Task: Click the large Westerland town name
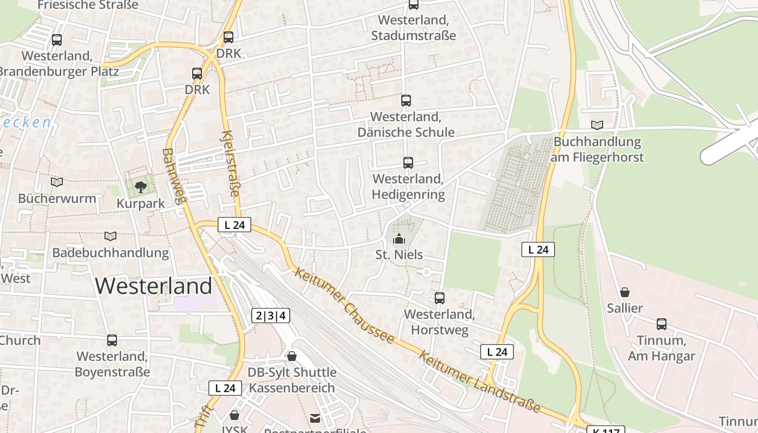coord(154,286)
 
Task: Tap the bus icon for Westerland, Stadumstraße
coord(414,5)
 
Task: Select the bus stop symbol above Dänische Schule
coord(406,101)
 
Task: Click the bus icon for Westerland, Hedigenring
coord(408,163)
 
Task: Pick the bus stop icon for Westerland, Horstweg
coord(440,298)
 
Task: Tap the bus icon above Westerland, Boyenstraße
coord(112,340)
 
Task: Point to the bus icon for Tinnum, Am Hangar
coord(662,324)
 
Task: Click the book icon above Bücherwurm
coord(57,182)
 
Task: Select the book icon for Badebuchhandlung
coord(110,237)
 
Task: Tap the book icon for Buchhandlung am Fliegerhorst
coord(597,126)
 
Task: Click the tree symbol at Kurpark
coord(141,187)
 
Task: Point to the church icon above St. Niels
coord(399,238)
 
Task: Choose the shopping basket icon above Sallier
coord(625,292)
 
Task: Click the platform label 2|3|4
coord(271,316)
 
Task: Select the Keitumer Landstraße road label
coord(480,382)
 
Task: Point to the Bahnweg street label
coord(174,176)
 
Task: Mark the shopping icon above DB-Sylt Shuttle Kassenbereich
coord(292,356)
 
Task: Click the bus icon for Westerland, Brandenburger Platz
coord(57,40)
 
